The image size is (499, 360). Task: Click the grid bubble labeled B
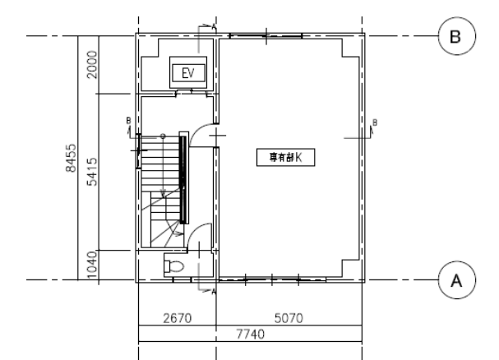point(457,36)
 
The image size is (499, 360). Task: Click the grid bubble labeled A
point(457,280)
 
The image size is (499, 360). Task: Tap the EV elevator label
point(188,73)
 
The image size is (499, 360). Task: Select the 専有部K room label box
point(286,157)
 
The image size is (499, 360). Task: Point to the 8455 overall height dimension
point(71,158)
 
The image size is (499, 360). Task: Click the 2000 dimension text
point(91,65)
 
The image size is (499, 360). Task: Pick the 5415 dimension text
point(91,172)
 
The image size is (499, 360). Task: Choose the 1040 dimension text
point(91,265)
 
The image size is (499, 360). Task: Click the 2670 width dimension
point(178,318)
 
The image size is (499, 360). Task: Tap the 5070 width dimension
point(289,318)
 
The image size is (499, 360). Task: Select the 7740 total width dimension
point(250,335)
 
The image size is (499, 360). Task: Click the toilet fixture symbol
point(173,266)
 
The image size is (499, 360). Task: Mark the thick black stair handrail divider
point(183,179)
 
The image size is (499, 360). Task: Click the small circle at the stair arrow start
point(163,136)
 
